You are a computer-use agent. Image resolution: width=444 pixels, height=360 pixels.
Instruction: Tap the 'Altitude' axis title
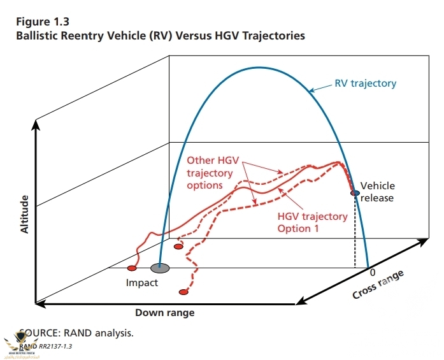[25, 214]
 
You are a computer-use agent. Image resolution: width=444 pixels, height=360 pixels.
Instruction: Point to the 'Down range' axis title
[164, 313]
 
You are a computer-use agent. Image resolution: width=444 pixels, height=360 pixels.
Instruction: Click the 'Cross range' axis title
[378, 285]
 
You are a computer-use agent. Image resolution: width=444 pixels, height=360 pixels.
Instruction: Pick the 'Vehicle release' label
[377, 192]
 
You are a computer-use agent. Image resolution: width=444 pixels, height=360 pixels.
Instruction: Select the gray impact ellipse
[159, 268]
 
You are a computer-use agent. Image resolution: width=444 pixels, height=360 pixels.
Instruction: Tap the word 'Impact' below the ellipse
[141, 282]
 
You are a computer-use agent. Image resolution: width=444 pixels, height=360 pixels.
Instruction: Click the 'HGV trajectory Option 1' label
[312, 222]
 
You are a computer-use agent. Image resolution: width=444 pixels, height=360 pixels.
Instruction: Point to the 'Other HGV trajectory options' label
[210, 172]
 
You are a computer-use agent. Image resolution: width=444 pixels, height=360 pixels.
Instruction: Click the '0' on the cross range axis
[373, 272]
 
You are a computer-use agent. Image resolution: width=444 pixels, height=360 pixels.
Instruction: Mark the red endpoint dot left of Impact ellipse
[132, 268]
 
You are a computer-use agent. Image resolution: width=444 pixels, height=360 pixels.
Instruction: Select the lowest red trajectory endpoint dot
[183, 292]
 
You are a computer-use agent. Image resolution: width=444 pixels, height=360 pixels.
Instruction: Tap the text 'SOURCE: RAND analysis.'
[76, 332]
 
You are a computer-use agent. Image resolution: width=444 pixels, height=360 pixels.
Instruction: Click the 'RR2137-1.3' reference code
[55, 346]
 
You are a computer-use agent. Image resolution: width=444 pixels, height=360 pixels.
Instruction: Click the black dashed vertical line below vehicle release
[355, 233]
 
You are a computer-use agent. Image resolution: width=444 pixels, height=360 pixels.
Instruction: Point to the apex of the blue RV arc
[258, 67]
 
